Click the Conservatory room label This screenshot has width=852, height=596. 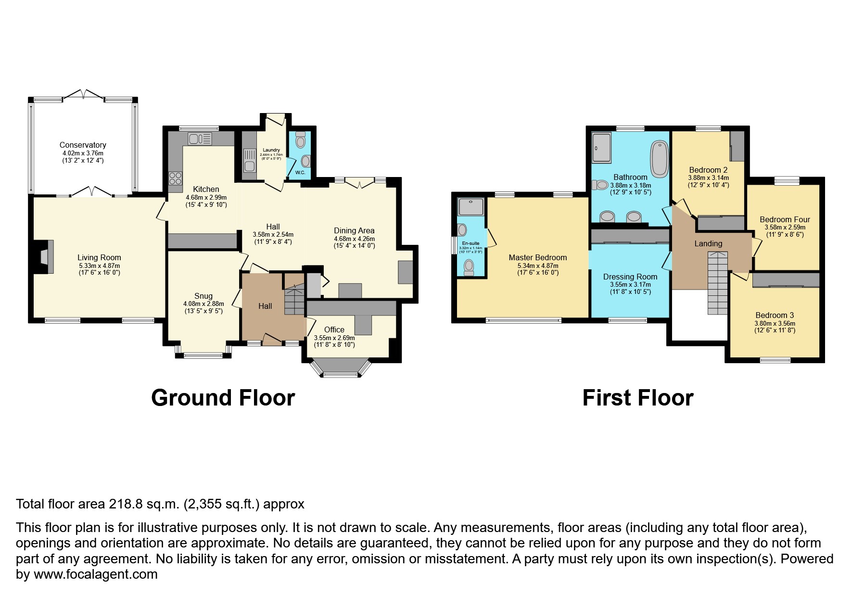click(83, 145)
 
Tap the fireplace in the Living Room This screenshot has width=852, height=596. click(45, 257)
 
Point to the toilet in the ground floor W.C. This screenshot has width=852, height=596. click(301, 140)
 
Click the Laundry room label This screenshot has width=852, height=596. click(271, 150)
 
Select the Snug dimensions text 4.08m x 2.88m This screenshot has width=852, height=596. click(203, 304)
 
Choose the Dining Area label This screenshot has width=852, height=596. click(354, 231)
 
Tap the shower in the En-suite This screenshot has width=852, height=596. click(471, 207)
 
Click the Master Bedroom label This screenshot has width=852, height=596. click(537, 257)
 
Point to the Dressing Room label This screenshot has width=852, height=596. click(630, 277)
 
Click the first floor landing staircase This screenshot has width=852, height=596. click(717, 284)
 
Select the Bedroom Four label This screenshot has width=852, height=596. click(785, 220)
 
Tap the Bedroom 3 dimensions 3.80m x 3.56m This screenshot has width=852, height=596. click(775, 323)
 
